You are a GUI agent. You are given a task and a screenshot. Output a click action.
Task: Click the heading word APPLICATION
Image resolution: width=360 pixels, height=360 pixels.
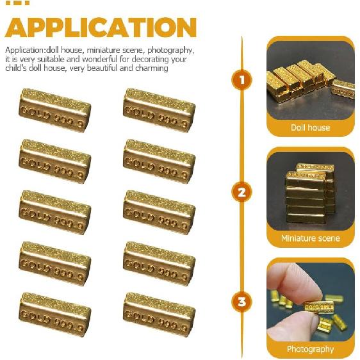pyautogui.click(x=101, y=28)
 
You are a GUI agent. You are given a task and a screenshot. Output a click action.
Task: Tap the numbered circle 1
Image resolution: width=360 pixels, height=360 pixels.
pyautogui.click(x=241, y=81)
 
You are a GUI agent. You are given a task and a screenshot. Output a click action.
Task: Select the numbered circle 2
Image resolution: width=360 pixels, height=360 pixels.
pyautogui.click(x=241, y=192)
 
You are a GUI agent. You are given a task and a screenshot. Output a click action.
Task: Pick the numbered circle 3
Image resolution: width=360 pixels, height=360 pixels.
pyautogui.click(x=241, y=302)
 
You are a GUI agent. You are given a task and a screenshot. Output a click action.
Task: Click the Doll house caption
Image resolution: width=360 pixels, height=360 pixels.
pyautogui.click(x=310, y=127)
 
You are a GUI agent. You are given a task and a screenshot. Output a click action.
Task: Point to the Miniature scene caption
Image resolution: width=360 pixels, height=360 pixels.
pyautogui.click(x=310, y=238)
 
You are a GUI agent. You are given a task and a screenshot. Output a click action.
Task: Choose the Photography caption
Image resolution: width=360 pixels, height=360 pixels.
pyautogui.click(x=310, y=349)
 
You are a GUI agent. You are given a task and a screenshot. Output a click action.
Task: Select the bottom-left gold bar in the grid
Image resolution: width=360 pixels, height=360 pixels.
pyautogui.click(x=54, y=315)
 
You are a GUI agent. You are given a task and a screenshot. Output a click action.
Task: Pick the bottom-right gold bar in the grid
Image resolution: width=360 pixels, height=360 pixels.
pyautogui.click(x=159, y=315)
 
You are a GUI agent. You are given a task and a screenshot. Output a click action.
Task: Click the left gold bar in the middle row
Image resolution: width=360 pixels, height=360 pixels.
pyautogui.click(x=54, y=212)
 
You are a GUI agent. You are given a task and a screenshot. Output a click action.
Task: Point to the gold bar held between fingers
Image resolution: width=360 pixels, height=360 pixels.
pyautogui.click(x=318, y=307)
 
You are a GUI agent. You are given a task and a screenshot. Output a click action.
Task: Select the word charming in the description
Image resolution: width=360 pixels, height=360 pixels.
pyautogui.click(x=151, y=68)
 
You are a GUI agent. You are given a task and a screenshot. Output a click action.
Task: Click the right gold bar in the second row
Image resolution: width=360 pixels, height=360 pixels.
pyautogui.click(x=159, y=161)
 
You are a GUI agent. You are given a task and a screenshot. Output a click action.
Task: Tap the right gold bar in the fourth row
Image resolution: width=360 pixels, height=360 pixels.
pyautogui.click(x=159, y=263)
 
